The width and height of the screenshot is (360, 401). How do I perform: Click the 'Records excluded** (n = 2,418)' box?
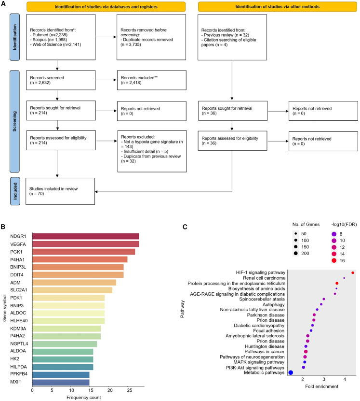[151, 80]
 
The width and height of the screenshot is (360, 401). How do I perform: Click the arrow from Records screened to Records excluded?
[104, 80]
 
